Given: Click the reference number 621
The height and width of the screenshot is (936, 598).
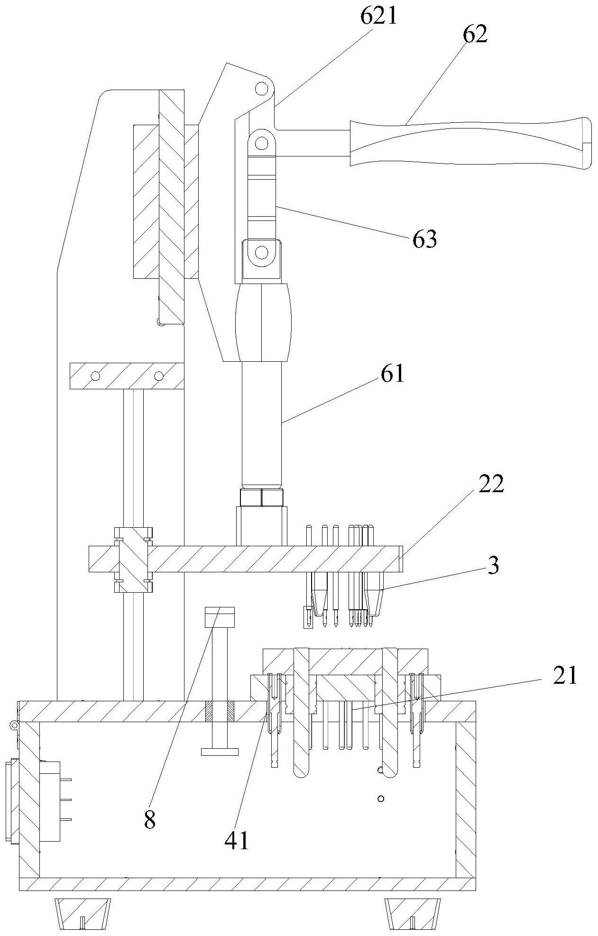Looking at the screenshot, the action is pos(379,17).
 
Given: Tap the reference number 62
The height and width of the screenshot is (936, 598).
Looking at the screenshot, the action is pos(475,35).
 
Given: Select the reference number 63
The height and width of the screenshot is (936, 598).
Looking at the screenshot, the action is pos(424,240).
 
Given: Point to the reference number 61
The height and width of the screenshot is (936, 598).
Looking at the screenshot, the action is pos(392,374).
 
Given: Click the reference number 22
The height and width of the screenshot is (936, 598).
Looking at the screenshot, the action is pos(491,485).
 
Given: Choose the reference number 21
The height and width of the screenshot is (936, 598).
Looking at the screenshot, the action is pos(565,676).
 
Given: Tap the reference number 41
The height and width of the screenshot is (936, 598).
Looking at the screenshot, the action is pos(237,841).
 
